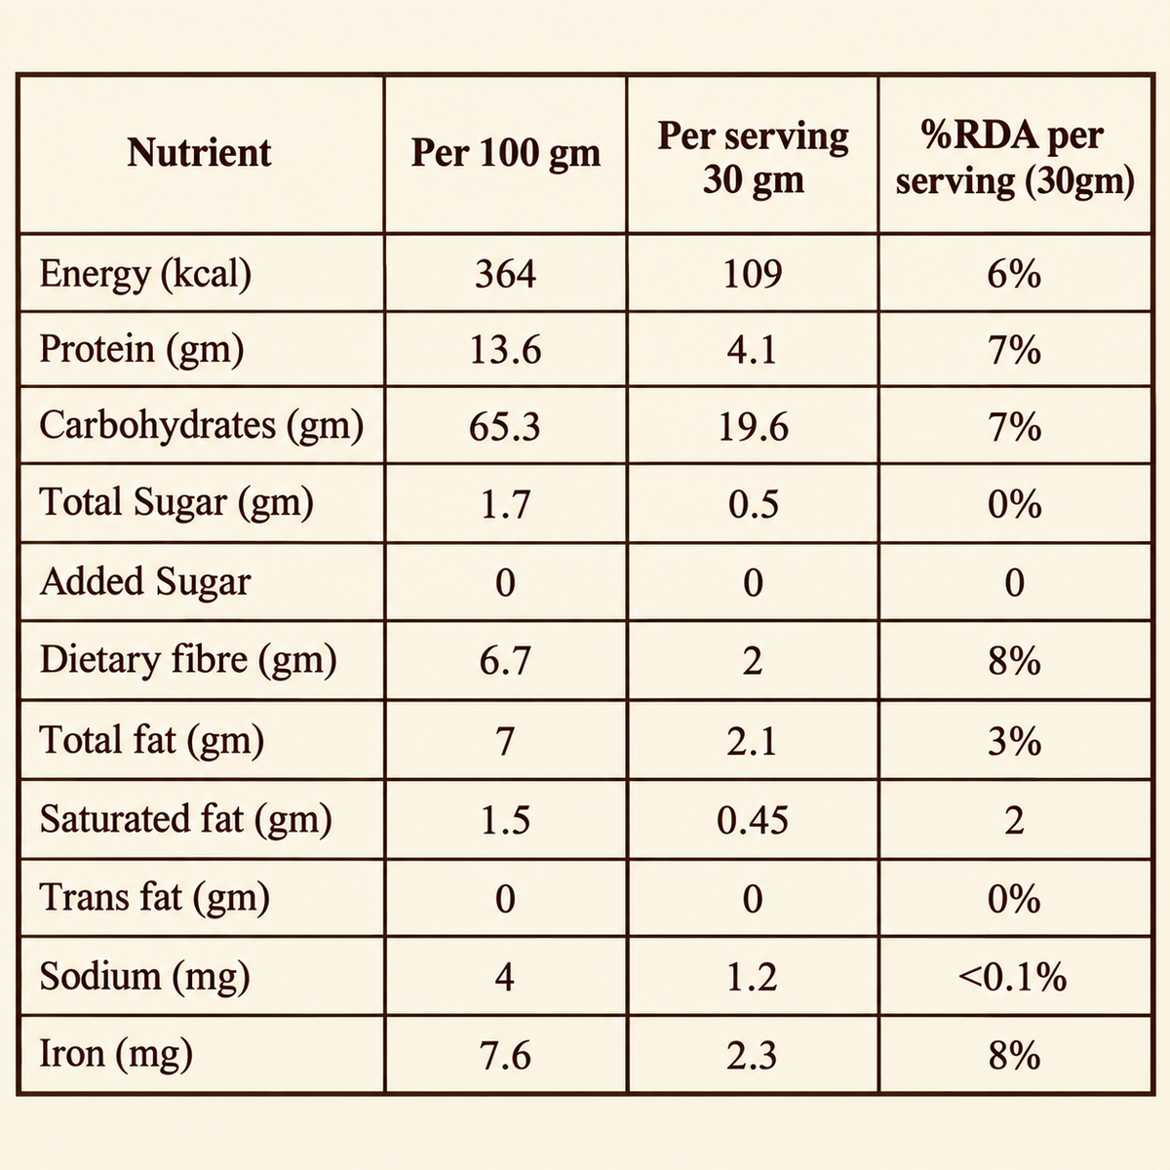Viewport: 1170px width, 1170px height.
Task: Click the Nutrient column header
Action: (x=199, y=152)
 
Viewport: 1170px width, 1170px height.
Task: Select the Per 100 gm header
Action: (x=505, y=154)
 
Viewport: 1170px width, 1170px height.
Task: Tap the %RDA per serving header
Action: (x=1015, y=158)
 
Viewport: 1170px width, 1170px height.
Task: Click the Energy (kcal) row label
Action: (x=145, y=274)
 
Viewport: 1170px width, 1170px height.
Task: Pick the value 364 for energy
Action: (x=505, y=274)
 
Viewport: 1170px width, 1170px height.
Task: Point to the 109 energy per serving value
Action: (x=753, y=274)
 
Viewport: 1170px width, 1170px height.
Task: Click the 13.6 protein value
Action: (x=505, y=351)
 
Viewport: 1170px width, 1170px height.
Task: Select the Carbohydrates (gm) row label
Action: (x=202, y=426)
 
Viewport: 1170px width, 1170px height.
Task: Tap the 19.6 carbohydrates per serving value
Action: (x=753, y=427)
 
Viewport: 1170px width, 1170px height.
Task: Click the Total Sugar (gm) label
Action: (x=176, y=503)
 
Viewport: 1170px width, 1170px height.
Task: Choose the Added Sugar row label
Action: (x=145, y=582)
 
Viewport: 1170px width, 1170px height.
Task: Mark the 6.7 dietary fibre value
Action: (x=505, y=661)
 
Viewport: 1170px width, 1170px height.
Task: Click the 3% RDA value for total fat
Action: (x=1014, y=742)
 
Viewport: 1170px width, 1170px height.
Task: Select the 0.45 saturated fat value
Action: (x=753, y=821)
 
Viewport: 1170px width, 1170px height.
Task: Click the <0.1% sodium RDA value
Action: (x=1012, y=978)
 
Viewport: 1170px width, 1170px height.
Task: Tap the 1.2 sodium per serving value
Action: (x=753, y=978)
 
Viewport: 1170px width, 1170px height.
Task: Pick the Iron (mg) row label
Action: (x=116, y=1056)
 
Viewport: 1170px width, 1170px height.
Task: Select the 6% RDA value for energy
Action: (x=1014, y=274)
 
